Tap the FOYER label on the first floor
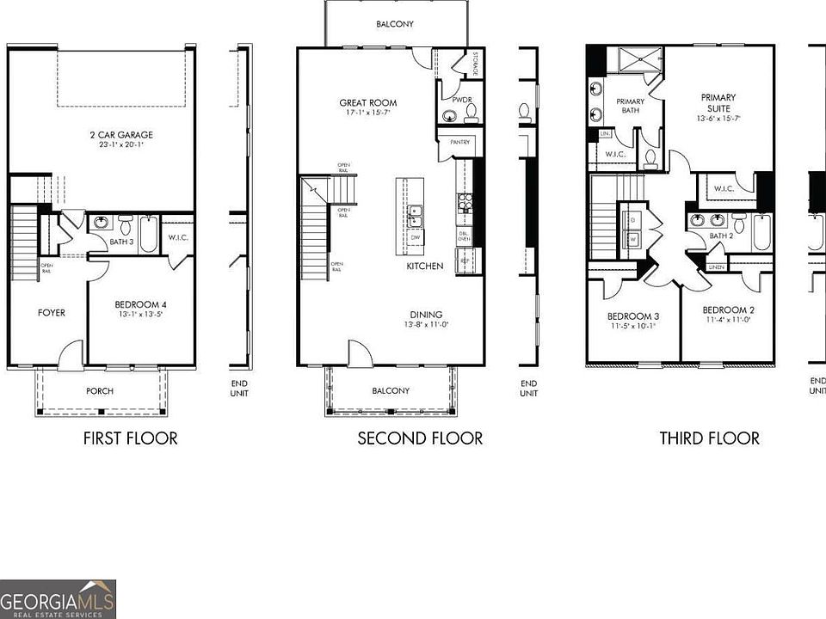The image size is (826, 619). click(x=51, y=313)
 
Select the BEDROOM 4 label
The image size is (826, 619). click(x=141, y=304)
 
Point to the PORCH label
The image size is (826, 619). click(x=99, y=391)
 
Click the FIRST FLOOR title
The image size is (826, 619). click(x=130, y=438)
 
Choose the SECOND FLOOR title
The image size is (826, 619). click(x=420, y=438)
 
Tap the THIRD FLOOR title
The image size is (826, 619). click(x=709, y=438)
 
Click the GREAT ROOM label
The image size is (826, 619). click(x=367, y=103)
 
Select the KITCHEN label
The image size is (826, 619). click(x=425, y=267)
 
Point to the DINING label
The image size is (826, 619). click(x=426, y=315)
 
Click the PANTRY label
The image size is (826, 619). click(x=454, y=144)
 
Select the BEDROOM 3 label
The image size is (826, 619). click(x=632, y=316)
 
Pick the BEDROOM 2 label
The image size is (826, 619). click(x=728, y=310)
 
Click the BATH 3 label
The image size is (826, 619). click(x=121, y=243)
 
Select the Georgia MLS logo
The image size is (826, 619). click(x=58, y=599)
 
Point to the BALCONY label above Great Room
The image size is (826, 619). click(x=397, y=24)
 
